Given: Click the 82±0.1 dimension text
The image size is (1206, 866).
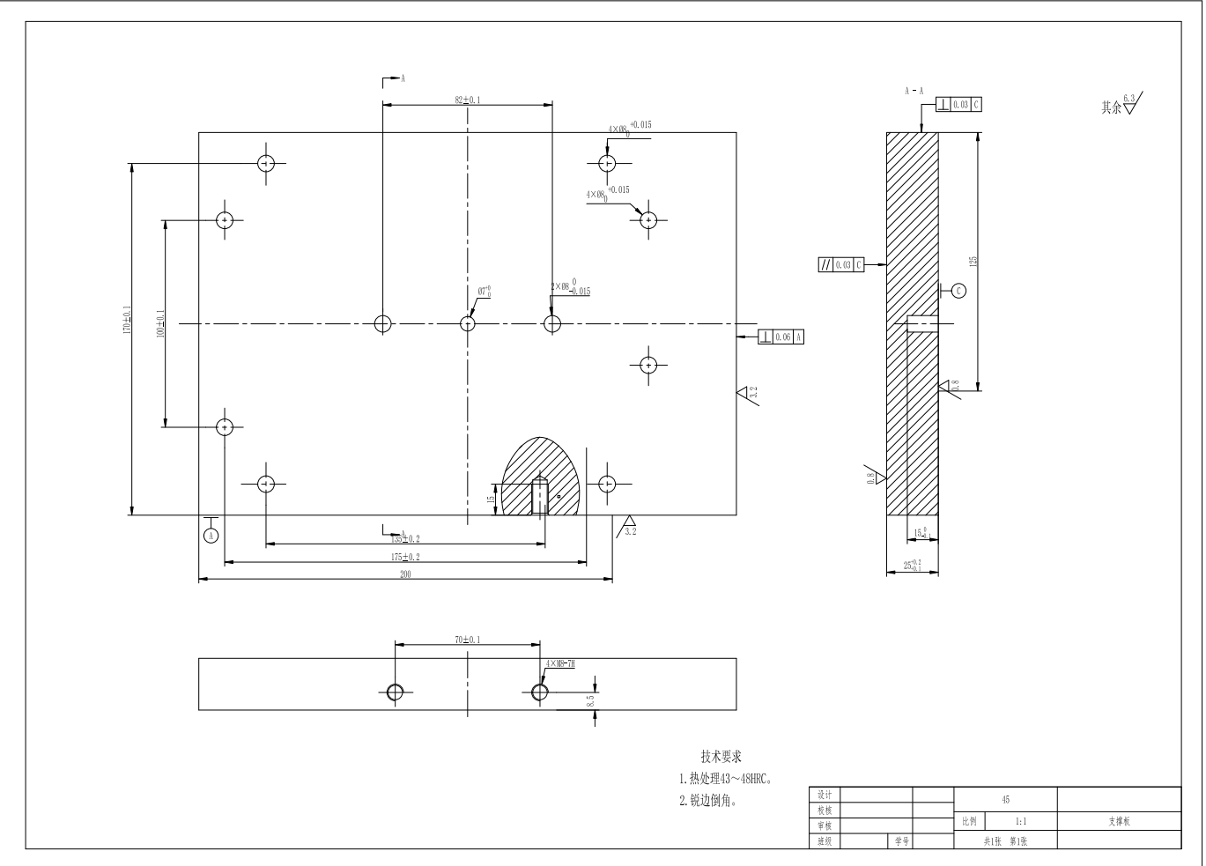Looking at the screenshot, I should pyautogui.click(x=468, y=100).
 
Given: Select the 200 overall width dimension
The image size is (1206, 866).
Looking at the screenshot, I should pyautogui.click(x=405, y=574).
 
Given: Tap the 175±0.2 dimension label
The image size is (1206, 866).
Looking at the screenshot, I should pyautogui.click(x=405, y=557).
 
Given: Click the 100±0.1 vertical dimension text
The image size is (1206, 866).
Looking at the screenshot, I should pyautogui.click(x=159, y=323).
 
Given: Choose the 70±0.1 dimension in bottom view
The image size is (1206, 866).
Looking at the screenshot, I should pyautogui.click(x=468, y=640).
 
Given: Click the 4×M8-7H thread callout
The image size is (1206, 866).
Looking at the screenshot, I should pyautogui.click(x=560, y=663).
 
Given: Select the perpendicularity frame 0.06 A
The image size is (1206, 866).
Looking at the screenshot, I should pyautogui.click(x=781, y=337).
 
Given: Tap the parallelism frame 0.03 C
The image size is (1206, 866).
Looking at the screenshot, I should pyautogui.click(x=840, y=264).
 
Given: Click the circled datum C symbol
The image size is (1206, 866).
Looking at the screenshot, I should pyautogui.click(x=959, y=291).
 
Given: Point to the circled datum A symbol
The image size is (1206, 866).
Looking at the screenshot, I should pyautogui.click(x=211, y=535).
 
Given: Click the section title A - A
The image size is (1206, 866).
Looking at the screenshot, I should pyautogui.click(x=914, y=91).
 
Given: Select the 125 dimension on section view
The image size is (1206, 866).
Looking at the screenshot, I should pyautogui.click(x=973, y=261).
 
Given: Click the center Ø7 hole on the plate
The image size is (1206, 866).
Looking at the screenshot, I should pyautogui.click(x=469, y=323).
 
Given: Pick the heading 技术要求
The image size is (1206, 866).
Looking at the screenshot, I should pyautogui.click(x=721, y=756).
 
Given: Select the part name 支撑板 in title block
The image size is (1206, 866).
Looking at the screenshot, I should pyautogui.click(x=1119, y=821).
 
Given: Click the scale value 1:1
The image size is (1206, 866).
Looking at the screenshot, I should pyautogui.click(x=1020, y=821).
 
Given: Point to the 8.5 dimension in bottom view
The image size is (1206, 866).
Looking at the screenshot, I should pyautogui.click(x=590, y=701).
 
